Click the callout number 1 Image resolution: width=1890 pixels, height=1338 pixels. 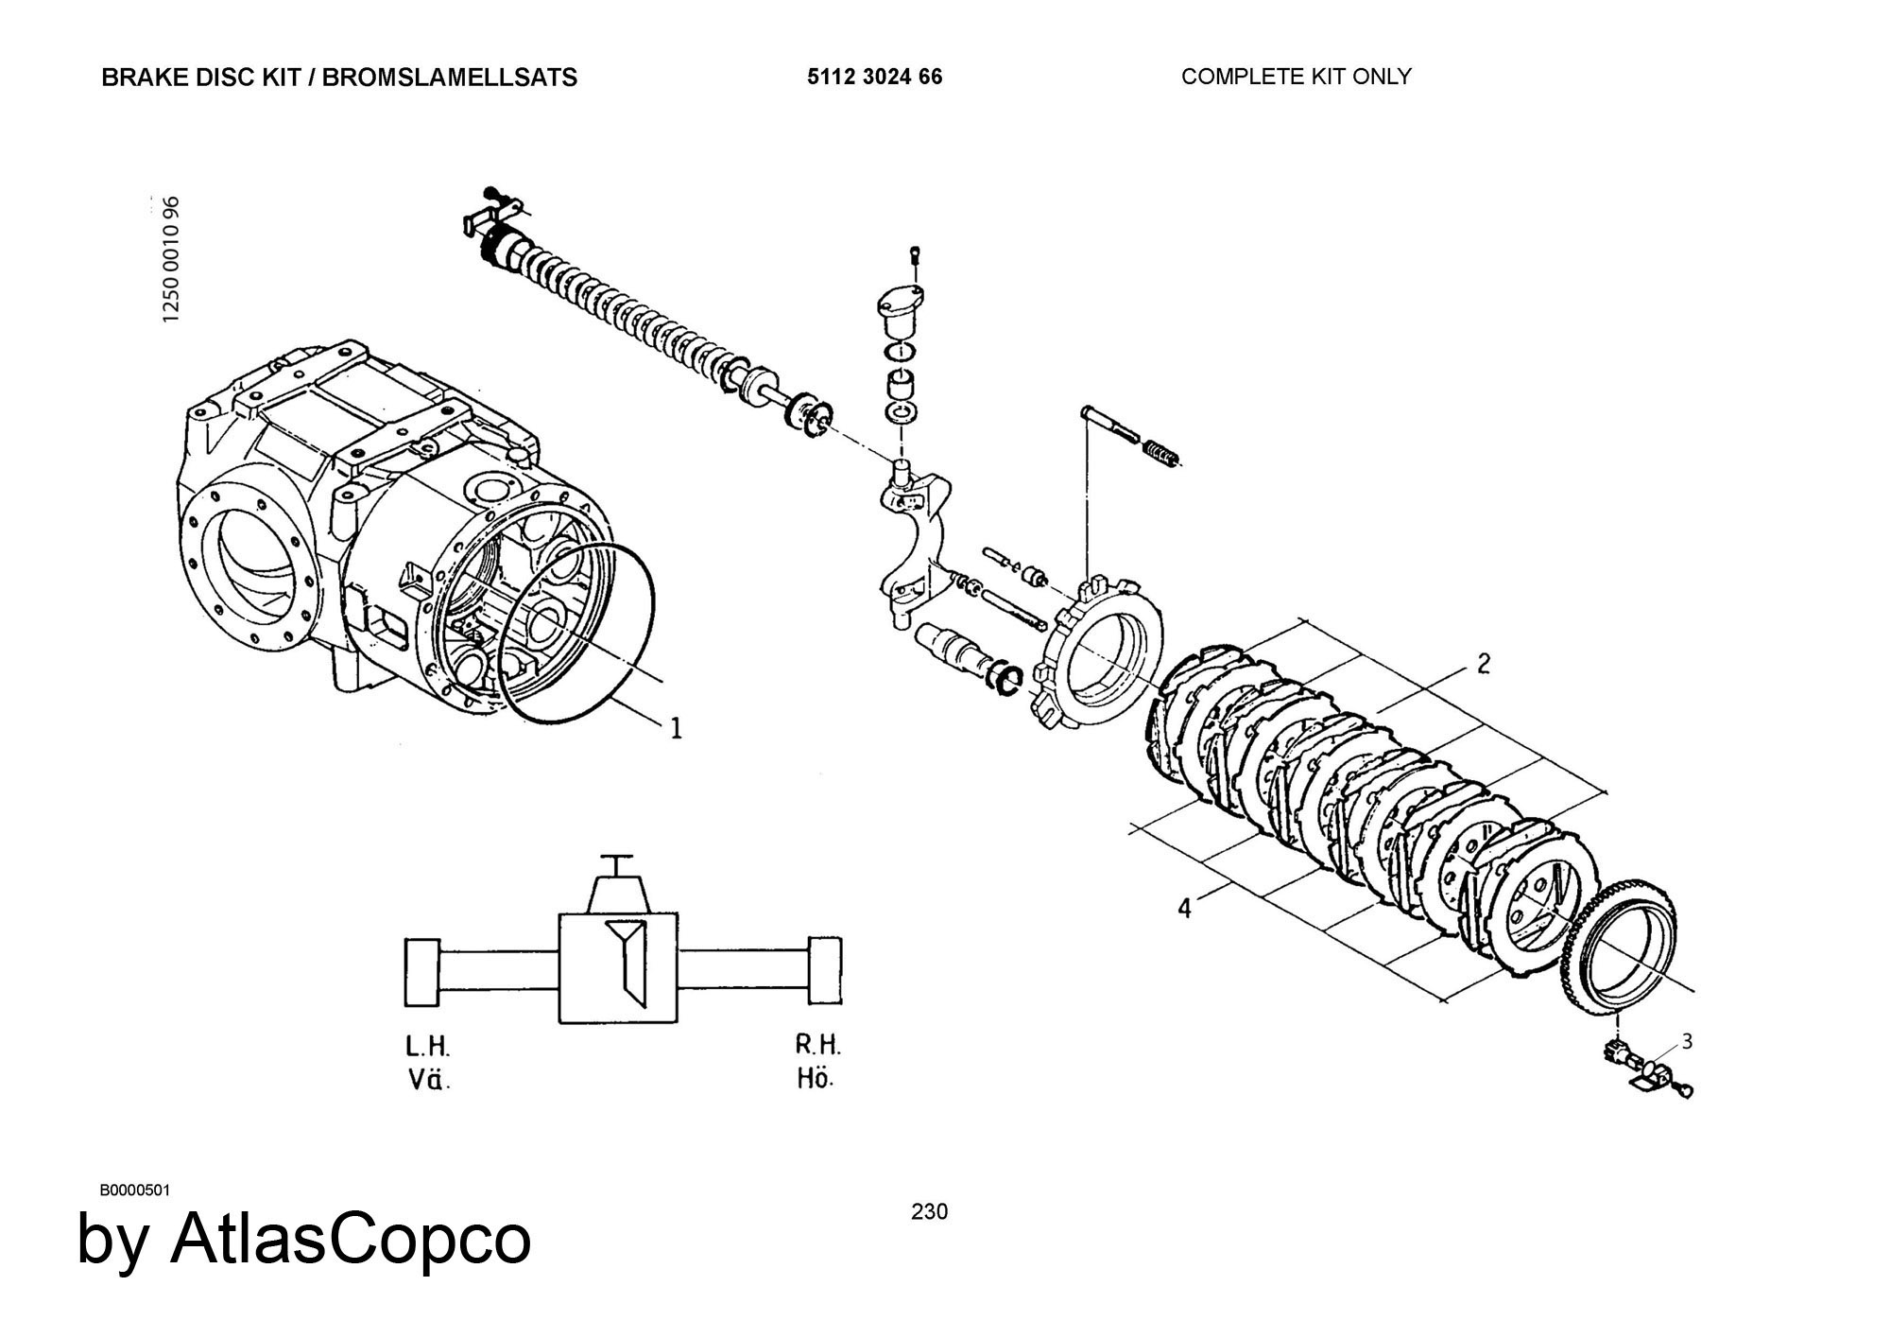click(x=675, y=728)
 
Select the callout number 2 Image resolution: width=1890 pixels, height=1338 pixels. click(x=1483, y=664)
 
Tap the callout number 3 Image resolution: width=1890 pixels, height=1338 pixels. click(x=1687, y=1042)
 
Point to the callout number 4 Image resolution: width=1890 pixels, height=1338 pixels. click(x=1185, y=908)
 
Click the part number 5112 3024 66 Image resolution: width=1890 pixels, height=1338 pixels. click(x=874, y=77)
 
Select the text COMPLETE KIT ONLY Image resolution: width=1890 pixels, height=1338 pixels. click(x=1296, y=77)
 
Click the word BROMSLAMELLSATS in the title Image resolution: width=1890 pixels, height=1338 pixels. click(x=450, y=78)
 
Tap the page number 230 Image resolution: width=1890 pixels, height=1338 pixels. click(x=929, y=1211)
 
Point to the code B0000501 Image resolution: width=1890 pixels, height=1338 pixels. click(x=134, y=1190)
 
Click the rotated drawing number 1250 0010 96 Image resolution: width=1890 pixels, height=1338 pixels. click(x=171, y=259)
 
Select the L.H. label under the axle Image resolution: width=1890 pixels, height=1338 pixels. click(x=428, y=1047)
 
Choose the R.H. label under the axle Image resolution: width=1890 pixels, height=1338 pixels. click(x=817, y=1045)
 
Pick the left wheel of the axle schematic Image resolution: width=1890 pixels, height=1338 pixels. click(x=422, y=973)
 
